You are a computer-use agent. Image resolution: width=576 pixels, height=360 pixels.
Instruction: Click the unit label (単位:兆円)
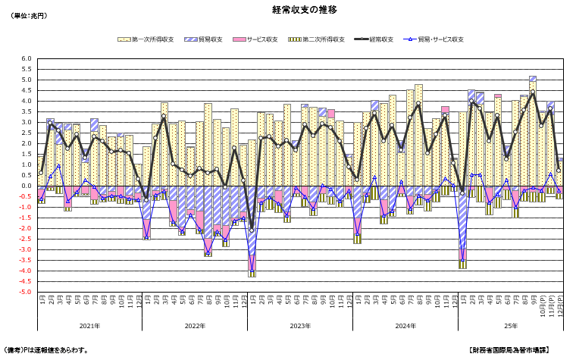(30, 16)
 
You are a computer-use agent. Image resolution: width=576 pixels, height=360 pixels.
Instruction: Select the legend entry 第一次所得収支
(151, 39)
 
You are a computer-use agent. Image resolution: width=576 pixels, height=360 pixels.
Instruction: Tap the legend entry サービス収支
(261, 39)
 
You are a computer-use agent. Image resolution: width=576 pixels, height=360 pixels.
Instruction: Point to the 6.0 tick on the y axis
(27, 59)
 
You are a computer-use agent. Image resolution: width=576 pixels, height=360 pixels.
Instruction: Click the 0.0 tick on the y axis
(27, 186)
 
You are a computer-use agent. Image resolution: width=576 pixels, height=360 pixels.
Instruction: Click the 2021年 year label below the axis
(89, 326)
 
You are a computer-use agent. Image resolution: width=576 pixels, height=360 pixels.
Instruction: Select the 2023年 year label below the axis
(299, 326)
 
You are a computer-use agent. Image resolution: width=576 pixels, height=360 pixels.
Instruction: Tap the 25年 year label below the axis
(511, 326)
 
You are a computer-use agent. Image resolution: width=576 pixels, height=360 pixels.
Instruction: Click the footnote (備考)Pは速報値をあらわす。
(47, 350)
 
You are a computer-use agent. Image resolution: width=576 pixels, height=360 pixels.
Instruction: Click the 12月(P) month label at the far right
(560, 306)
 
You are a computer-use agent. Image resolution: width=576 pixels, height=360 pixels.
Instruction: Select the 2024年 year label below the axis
(405, 326)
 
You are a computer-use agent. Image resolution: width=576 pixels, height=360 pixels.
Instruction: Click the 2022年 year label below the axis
(195, 326)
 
